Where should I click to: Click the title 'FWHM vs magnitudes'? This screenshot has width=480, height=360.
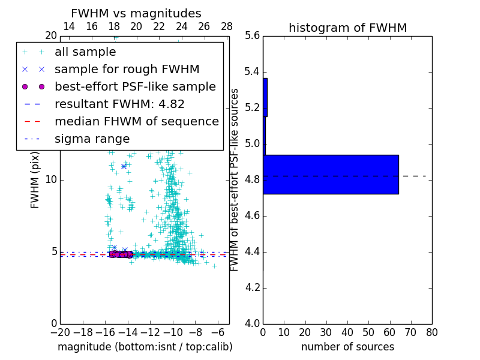tap(136, 13)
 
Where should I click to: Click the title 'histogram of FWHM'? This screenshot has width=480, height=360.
tap(347, 28)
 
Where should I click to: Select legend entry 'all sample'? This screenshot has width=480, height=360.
tap(85, 52)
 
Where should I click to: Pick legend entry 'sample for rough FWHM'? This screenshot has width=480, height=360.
tap(127, 70)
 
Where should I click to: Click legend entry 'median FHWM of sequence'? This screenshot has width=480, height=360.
tap(136, 122)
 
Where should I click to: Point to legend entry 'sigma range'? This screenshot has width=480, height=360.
tap(92, 139)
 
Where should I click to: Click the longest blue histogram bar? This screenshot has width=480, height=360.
tap(331, 174)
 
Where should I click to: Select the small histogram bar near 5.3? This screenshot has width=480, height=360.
tap(265, 97)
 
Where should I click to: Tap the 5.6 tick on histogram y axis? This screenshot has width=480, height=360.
tap(252, 36)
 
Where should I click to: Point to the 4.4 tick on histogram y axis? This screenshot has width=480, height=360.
tap(252, 252)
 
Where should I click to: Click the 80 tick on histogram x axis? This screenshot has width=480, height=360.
tap(431, 332)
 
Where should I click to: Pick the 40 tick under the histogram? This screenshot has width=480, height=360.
tap(347, 332)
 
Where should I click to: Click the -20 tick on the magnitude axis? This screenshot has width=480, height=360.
tap(60, 332)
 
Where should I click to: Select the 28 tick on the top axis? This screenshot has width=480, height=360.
tap(227, 26)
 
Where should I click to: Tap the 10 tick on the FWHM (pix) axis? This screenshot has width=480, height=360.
tap(51, 180)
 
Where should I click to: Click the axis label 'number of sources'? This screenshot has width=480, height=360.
tap(347, 347)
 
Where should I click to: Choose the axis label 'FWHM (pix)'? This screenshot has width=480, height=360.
tap(35, 180)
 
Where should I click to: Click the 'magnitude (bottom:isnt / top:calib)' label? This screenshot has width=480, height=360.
tap(145, 347)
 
